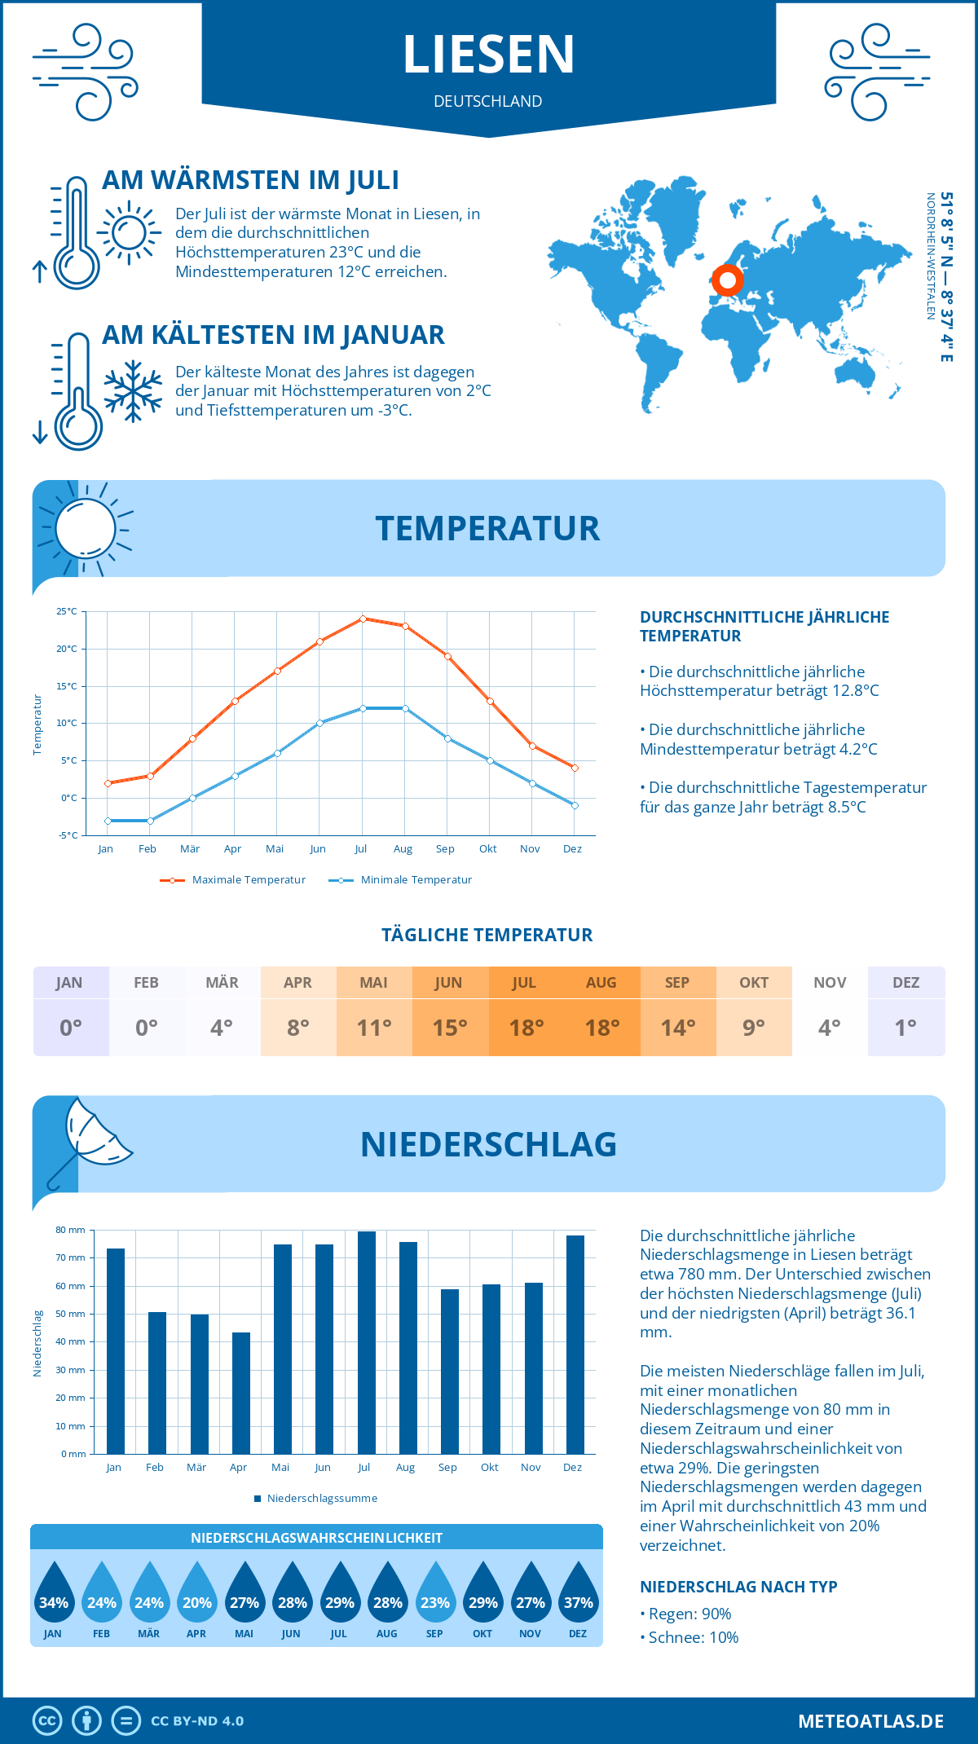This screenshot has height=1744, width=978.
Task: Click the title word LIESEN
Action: [x=489, y=55]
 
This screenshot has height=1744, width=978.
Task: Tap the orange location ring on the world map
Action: [x=727, y=280]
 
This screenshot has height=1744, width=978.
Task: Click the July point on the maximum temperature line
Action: [x=363, y=619]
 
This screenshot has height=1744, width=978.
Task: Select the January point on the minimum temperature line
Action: [x=108, y=821]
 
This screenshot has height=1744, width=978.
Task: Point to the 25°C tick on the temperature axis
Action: [x=67, y=611]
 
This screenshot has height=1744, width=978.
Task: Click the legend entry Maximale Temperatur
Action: [x=234, y=880]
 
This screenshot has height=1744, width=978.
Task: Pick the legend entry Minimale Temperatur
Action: [x=401, y=880]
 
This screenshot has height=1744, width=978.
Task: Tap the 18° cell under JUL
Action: [x=526, y=1028]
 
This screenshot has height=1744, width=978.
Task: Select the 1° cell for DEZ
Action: [x=905, y=1028]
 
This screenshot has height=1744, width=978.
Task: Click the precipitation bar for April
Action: [x=241, y=1393]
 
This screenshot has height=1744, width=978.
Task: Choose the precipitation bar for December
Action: [x=575, y=1345]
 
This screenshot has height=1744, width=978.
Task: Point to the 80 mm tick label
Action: [x=71, y=1230]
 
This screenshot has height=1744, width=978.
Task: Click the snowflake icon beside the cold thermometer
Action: [x=133, y=391]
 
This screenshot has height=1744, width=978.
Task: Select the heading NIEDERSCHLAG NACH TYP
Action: [x=738, y=1587]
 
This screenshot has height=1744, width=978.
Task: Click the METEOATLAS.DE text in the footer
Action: [x=870, y=1721]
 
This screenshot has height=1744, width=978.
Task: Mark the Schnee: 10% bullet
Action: [x=692, y=1637]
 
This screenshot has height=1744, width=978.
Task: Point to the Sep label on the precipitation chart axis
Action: [x=447, y=1468]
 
